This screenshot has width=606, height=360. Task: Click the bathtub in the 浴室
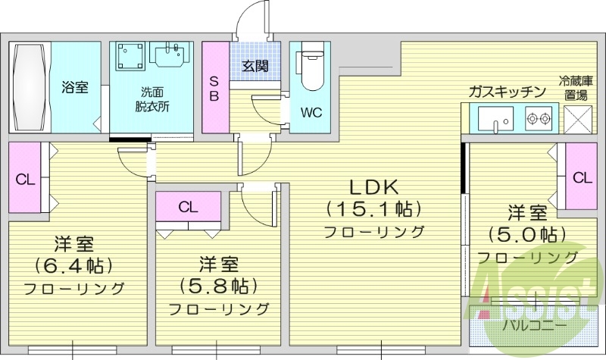click(30, 87)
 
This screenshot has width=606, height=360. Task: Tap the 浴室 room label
click(75, 87)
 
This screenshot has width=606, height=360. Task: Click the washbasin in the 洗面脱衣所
click(168, 55)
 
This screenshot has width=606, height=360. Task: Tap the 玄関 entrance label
click(255, 66)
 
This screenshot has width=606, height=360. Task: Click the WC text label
click(311, 113)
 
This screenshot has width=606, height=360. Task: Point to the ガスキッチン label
click(507, 92)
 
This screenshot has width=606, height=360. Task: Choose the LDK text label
click(373, 186)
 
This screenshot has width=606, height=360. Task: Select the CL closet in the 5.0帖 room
click(581, 178)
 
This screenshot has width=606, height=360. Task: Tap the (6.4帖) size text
click(73, 266)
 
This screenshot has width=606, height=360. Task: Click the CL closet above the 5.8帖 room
click(189, 205)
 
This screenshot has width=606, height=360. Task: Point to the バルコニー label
click(535, 325)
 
